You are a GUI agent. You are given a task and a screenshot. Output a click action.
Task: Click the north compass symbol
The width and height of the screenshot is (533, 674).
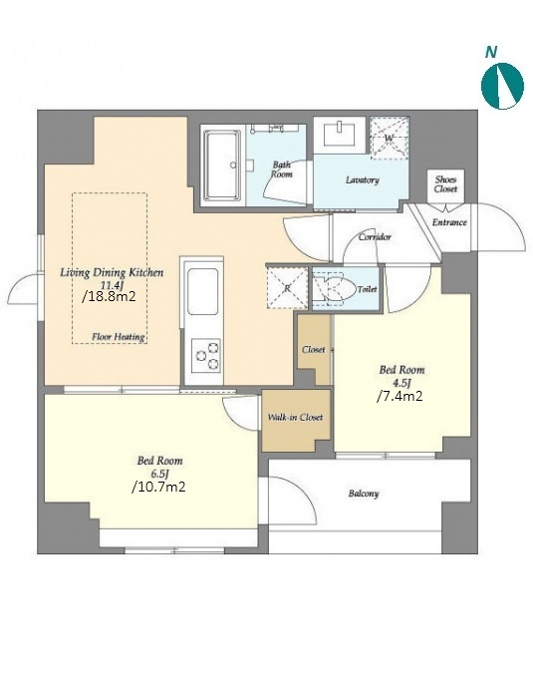click(x=502, y=85)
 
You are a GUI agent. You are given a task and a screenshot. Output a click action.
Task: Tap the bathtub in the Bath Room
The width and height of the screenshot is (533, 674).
click(x=221, y=166)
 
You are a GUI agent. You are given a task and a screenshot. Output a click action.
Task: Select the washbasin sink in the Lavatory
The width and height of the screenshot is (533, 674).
click(x=340, y=135)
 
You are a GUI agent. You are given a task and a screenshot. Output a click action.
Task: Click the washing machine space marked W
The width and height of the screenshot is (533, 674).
click(x=390, y=138)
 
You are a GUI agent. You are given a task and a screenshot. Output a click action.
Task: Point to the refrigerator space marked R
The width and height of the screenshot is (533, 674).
click(x=287, y=288)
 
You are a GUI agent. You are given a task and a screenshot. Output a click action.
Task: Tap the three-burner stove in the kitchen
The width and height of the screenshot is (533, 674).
click(x=206, y=355)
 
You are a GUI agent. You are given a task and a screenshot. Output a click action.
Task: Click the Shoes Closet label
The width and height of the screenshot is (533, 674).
click(x=445, y=184)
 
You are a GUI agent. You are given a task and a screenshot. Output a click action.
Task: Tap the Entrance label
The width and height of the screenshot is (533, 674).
click(x=449, y=222)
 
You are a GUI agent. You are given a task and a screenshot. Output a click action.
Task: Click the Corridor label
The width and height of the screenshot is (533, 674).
click(x=375, y=237)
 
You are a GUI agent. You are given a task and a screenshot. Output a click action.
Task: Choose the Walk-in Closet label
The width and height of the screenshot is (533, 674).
click(x=295, y=417)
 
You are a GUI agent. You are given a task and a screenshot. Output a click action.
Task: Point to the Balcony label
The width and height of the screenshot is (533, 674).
click(x=364, y=494)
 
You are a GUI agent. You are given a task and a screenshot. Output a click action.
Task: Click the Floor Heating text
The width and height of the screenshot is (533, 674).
click(x=119, y=337)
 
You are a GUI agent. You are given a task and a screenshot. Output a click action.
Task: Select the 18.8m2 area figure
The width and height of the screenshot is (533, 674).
click(x=110, y=296)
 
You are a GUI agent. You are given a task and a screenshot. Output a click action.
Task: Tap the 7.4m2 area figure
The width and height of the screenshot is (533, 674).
click(x=400, y=396)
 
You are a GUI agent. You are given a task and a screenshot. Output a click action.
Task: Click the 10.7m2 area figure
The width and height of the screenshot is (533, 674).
click(x=158, y=487)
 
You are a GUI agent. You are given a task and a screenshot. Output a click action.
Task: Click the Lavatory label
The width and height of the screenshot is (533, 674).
click(x=363, y=180)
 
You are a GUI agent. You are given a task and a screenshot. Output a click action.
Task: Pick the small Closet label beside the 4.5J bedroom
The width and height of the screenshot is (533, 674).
click(x=313, y=350)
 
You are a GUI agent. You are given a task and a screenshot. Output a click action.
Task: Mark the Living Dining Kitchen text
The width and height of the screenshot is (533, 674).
click(x=112, y=272)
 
